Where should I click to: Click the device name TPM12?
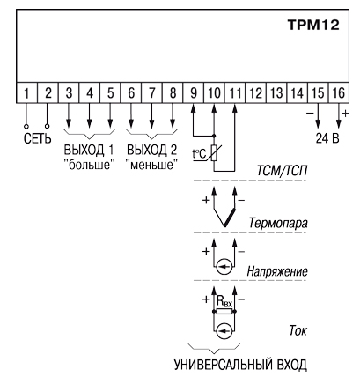(313, 25)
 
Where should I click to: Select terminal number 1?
(26, 92)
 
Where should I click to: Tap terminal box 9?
(194, 92)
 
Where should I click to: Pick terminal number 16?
(339, 92)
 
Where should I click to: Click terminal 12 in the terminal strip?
(255, 92)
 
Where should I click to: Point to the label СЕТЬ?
(37, 138)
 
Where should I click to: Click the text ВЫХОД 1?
(88, 150)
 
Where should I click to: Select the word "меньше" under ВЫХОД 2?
(151, 165)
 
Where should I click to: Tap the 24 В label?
(327, 138)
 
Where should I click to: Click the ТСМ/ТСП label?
(282, 171)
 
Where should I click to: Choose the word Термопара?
(278, 223)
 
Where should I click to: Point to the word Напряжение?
(277, 271)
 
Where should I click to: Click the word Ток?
(298, 331)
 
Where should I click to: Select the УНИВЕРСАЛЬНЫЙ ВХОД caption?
(240, 365)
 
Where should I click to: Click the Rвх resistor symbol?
(224, 312)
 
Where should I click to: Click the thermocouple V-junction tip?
(224, 226)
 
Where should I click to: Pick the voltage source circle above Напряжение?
(224, 267)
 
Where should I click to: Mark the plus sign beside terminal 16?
(346, 114)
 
